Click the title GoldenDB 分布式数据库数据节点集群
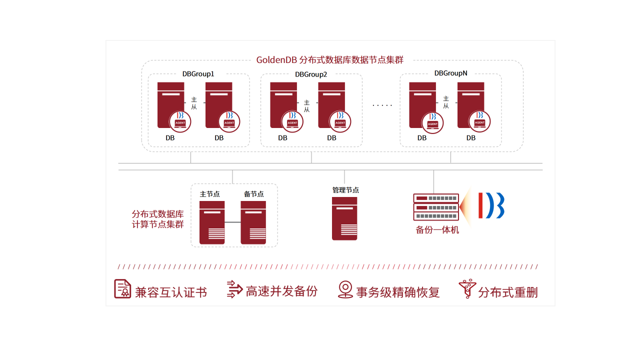[x=329, y=60]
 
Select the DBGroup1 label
[x=198, y=74]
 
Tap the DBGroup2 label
[x=311, y=74]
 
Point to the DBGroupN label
[x=450, y=73]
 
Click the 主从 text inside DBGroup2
[x=306, y=105]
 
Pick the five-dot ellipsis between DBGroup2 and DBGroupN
[x=382, y=105]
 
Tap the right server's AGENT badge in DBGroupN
[x=479, y=121]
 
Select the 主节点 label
[x=210, y=194]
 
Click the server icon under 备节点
[x=253, y=222]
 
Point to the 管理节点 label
[x=345, y=190]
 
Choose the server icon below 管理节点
[x=344, y=218]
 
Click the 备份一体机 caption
[x=437, y=230]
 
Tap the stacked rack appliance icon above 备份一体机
[x=436, y=207]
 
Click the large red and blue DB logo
[x=491, y=205]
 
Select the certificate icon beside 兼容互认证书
[x=122, y=289]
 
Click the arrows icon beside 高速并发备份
[x=234, y=289]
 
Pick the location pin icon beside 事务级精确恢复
[x=345, y=289]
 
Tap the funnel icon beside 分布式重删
[x=466, y=289]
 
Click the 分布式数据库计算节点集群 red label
[x=157, y=219]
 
